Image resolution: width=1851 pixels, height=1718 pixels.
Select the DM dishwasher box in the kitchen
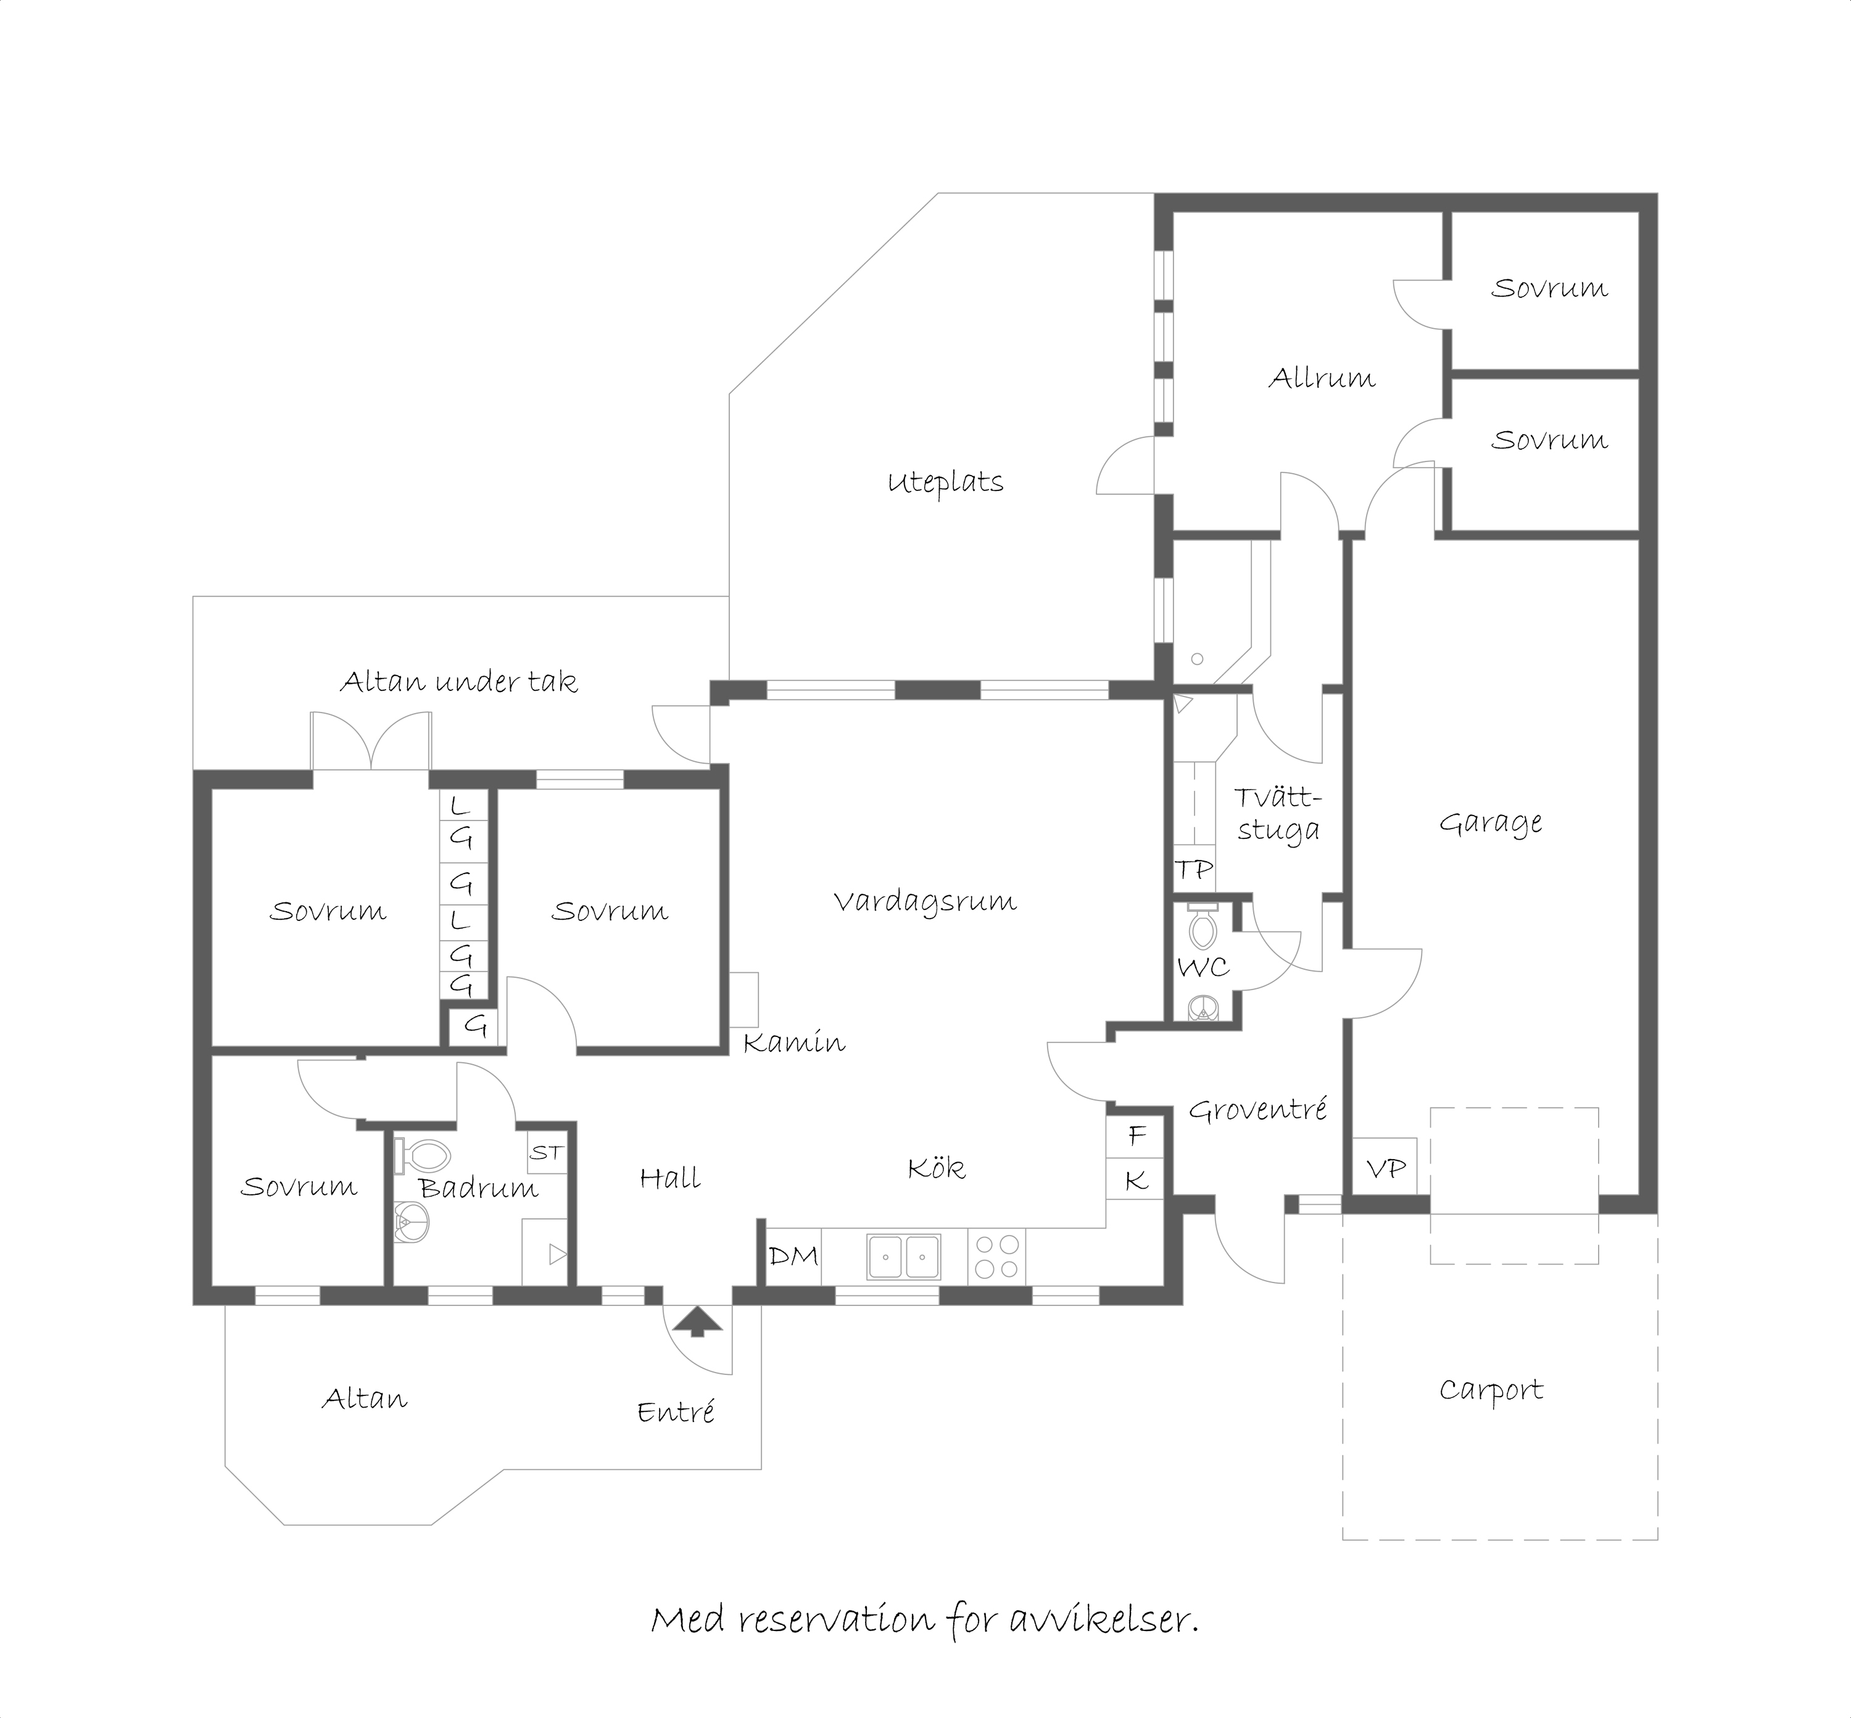(793, 1257)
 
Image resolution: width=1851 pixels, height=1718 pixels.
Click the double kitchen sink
(904, 1257)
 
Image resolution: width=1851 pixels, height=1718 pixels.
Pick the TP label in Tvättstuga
(1194, 869)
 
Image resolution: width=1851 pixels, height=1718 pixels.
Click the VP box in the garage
(1385, 1168)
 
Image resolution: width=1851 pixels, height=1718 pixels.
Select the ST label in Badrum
(547, 1153)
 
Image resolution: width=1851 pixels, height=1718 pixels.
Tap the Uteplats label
(945, 482)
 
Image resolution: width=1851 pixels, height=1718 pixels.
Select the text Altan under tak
(458, 682)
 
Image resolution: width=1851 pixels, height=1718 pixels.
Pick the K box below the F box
(1135, 1179)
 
